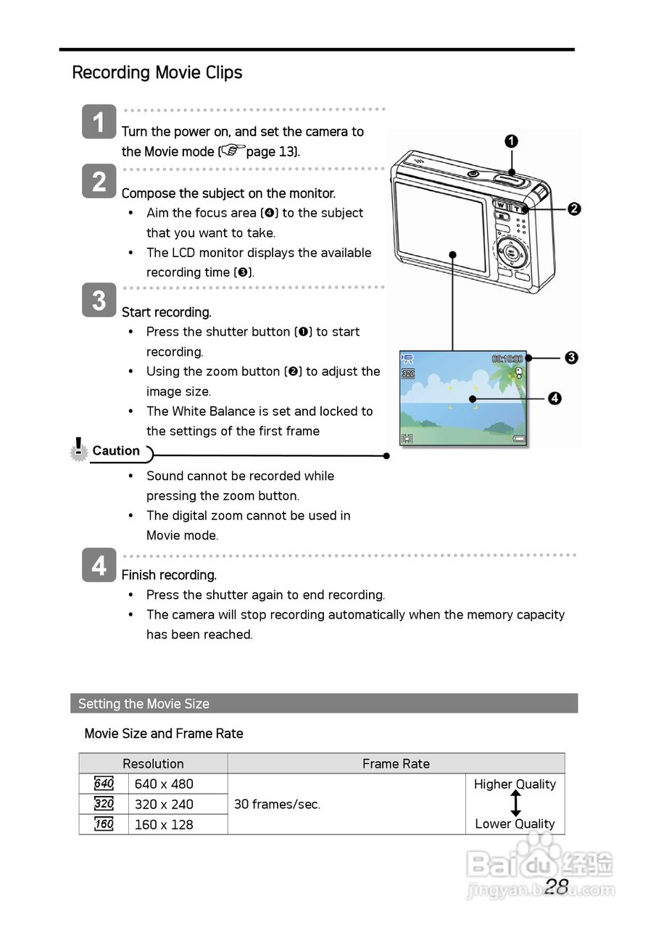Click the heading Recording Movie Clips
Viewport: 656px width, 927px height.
click(x=157, y=72)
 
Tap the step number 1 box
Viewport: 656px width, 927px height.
click(x=99, y=122)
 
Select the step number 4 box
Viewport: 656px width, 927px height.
click(x=99, y=566)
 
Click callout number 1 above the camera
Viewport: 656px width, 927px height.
click(x=511, y=141)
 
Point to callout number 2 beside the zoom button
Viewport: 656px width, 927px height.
click(x=573, y=209)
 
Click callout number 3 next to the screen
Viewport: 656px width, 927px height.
click(x=571, y=357)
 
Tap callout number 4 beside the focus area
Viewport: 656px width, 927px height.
click(x=555, y=398)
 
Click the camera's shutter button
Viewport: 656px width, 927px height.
click(x=511, y=174)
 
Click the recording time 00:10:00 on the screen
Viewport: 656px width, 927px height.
click(x=507, y=358)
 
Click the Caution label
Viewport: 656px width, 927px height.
click(x=116, y=451)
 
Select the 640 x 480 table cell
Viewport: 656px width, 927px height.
click(x=164, y=784)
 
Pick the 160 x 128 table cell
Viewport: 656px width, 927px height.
click(x=164, y=824)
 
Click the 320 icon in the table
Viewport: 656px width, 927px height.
click(x=104, y=804)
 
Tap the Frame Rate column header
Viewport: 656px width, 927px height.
click(x=396, y=763)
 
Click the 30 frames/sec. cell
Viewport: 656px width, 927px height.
click(x=277, y=804)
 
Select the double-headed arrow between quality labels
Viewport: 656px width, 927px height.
click(x=515, y=804)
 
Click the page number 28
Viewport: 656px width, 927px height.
click(x=557, y=886)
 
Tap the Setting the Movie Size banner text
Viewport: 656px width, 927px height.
click(x=144, y=703)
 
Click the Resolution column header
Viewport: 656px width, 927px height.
click(x=153, y=763)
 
